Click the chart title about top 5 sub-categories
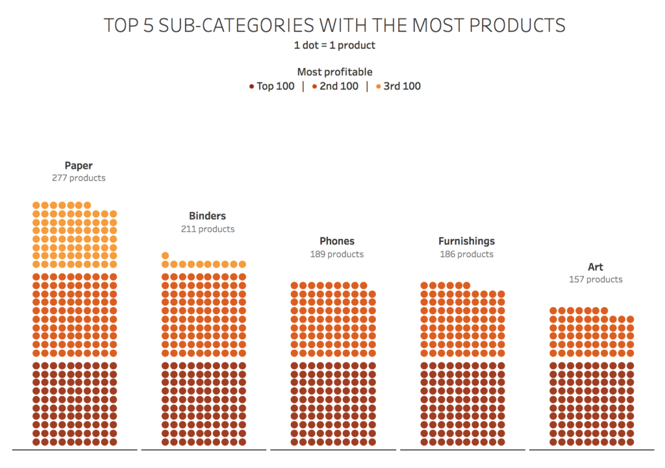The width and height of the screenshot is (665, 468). pyautogui.click(x=334, y=25)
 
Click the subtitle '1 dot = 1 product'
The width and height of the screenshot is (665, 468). pyautogui.click(x=334, y=45)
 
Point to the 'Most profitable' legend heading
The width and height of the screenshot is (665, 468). pyautogui.click(x=334, y=72)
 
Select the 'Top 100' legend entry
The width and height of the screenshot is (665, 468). pyautogui.click(x=275, y=86)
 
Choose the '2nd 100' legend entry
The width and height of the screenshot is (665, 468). pyautogui.click(x=338, y=86)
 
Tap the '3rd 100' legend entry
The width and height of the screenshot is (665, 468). pyautogui.click(x=402, y=86)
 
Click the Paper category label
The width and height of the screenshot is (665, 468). pyautogui.click(x=79, y=166)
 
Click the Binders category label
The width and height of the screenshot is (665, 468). pyautogui.click(x=208, y=216)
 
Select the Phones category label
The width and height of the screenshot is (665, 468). pyautogui.click(x=337, y=241)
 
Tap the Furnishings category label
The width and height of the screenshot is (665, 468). pyautogui.click(x=466, y=241)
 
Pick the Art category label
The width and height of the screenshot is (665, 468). pyautogui.click(x=596, y=267)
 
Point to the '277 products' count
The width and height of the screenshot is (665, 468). pyautogui.click(x=79, y=178)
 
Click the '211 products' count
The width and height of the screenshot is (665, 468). pyautogui.click(x=208, y=229)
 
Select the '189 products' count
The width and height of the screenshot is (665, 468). pyautogui.click(x=337, y=254)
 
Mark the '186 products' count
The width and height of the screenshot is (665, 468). pyautogui.click(x=466, y=254)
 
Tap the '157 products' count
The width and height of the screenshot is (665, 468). pyautogui.click(x=596, y=280)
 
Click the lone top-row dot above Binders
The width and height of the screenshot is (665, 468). pyautogui.click(x=166, y=256)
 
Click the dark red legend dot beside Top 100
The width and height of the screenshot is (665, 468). pyautogui.click(x=251, y=86)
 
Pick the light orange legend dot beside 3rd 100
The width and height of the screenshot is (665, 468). pyautogui.click(x=379, y=86)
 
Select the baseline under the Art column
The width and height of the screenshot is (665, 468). pyautogui.click(x=591, y=449)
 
